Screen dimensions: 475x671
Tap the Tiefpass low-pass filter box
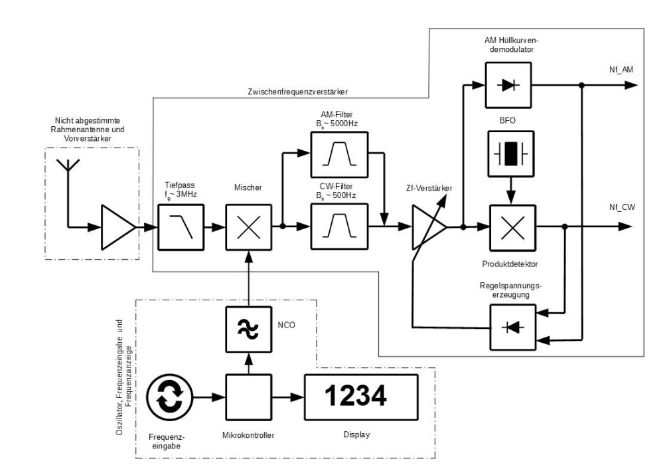181,227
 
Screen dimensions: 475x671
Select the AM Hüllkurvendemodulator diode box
509,84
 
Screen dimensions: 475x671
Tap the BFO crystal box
509,151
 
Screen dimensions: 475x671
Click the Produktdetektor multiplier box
512,227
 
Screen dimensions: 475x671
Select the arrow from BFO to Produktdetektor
510,189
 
